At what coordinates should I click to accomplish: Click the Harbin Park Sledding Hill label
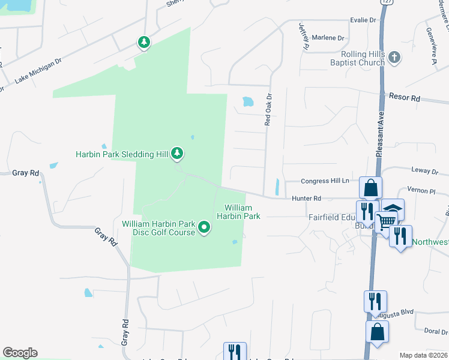click(x=122, y=154)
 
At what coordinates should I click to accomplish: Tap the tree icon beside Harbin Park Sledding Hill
click(x=177, y=154)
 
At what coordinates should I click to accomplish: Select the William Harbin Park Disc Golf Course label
click(x=158, y=228)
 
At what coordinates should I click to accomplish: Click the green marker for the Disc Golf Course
click(x=204, y=227)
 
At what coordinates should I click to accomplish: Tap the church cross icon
click(x=394, y=58)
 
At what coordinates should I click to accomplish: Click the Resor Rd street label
click(x=404, y=97)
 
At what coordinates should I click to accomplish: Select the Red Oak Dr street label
click(x=269, y=109)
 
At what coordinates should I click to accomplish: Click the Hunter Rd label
click(x=307, y=198)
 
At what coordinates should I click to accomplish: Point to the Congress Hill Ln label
click(x=325, y=180)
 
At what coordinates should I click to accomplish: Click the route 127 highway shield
click(x=382, y=2)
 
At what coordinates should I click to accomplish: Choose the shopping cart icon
click(x=386, y=221)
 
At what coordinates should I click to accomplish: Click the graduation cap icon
click(x=393, y=209)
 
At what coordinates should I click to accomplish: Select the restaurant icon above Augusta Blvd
click(x=375, y=300)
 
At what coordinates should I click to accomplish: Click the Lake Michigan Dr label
click(x=38, y=70)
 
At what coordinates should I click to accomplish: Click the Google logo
click(x=20, y=353)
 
